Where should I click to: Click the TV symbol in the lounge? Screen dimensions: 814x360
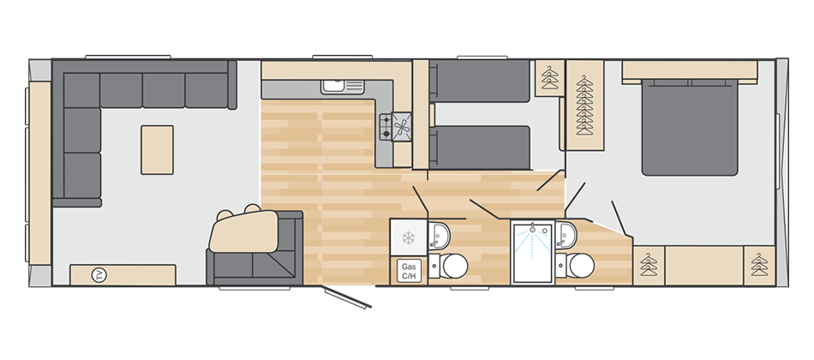pyautogui.click(x=99, y=275)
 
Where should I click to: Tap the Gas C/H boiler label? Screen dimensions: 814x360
pyautogui.click(x=409, y=271)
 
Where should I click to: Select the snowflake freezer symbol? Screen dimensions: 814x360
pyautogui.click(x=409, y=238)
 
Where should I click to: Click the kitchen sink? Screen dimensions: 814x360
pyautogui.click(x=342, y=86)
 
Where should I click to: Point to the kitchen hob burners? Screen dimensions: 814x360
pyautogui.click(x=396, y=127)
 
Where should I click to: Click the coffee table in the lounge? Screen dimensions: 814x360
pyautogui.click(x=158, y=150)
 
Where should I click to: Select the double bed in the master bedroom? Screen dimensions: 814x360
pyautogui.click(x=690, y=128)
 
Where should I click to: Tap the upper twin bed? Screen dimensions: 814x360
pyautogui.click(x=480, y=81)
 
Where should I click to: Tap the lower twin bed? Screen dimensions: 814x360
pyautogui.click(x=480, y=147)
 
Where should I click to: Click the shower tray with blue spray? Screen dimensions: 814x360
pyautogui.click(x=533, y=253)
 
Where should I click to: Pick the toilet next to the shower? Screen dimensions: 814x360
pyautogui.click(x=575, y=266)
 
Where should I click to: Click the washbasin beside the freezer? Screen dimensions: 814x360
pyautogui.click(x=440, y=237)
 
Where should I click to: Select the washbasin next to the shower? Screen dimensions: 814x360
pyautogui.click(x=566, y=236)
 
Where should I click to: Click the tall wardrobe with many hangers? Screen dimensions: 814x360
pyautogui.click(x=584, y=105)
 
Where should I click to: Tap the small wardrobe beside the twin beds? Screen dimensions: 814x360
pyautogui.click(x=550, y=78)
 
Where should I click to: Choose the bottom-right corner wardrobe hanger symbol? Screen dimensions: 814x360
pyautogui.click(x=759, y=265)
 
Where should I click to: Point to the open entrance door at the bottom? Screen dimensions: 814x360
pyautogui.click(x=346, y=297)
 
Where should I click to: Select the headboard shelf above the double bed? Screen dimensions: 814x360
pyautogui.click(x=690, y=72)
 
